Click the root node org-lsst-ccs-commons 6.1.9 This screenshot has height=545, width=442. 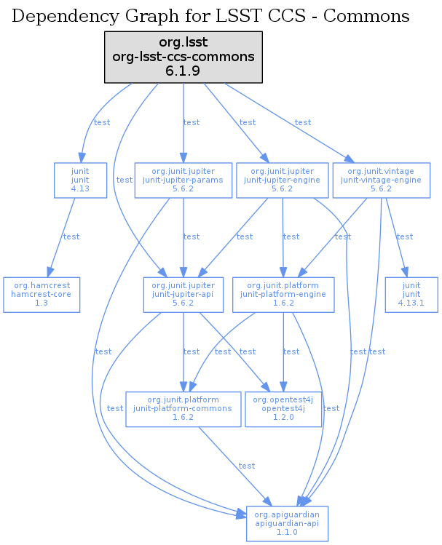point(183,57)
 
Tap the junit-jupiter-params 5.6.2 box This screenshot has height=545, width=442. point(183,180)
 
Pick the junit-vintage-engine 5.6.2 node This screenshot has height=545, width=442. point(381,180)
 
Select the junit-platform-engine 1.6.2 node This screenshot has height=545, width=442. point(283,295)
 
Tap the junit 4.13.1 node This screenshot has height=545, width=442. point(411,295)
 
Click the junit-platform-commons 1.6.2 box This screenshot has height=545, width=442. point(183,409)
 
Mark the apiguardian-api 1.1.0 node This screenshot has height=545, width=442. point(288,523)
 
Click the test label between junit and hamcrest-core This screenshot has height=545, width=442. point(71,236)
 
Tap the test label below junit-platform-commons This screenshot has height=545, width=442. point(247,466)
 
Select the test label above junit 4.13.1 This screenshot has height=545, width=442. point(405,236)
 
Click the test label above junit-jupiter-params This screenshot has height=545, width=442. point(192,122)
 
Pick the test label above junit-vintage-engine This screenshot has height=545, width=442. point(303,122)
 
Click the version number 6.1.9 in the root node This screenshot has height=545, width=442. point(183,71)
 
